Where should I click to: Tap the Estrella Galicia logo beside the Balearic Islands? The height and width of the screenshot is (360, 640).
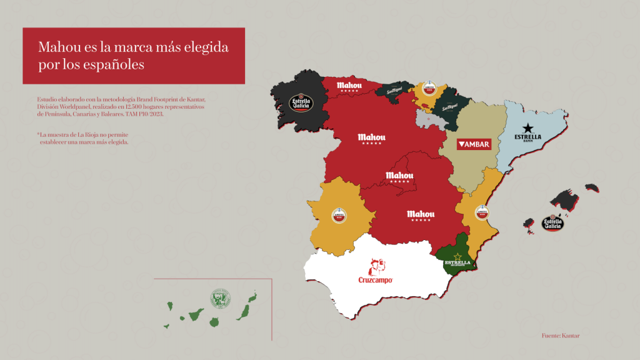552,222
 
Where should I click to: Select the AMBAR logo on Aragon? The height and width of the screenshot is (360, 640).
473,144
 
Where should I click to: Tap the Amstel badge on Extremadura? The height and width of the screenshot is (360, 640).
339,216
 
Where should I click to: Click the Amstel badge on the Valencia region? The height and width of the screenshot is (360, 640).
482,212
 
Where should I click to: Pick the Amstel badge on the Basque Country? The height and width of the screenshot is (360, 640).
429,89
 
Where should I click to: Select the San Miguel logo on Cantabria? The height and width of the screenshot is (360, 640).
395,90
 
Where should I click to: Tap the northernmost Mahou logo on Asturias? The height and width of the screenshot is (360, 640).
349,86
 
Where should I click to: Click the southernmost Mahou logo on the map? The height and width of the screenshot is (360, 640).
419,216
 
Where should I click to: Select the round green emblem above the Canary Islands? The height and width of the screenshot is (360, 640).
221,297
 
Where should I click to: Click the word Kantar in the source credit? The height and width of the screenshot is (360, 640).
571,336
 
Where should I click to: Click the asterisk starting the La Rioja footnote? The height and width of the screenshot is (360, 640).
38,135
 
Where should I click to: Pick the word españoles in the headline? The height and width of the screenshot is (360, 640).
112,64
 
